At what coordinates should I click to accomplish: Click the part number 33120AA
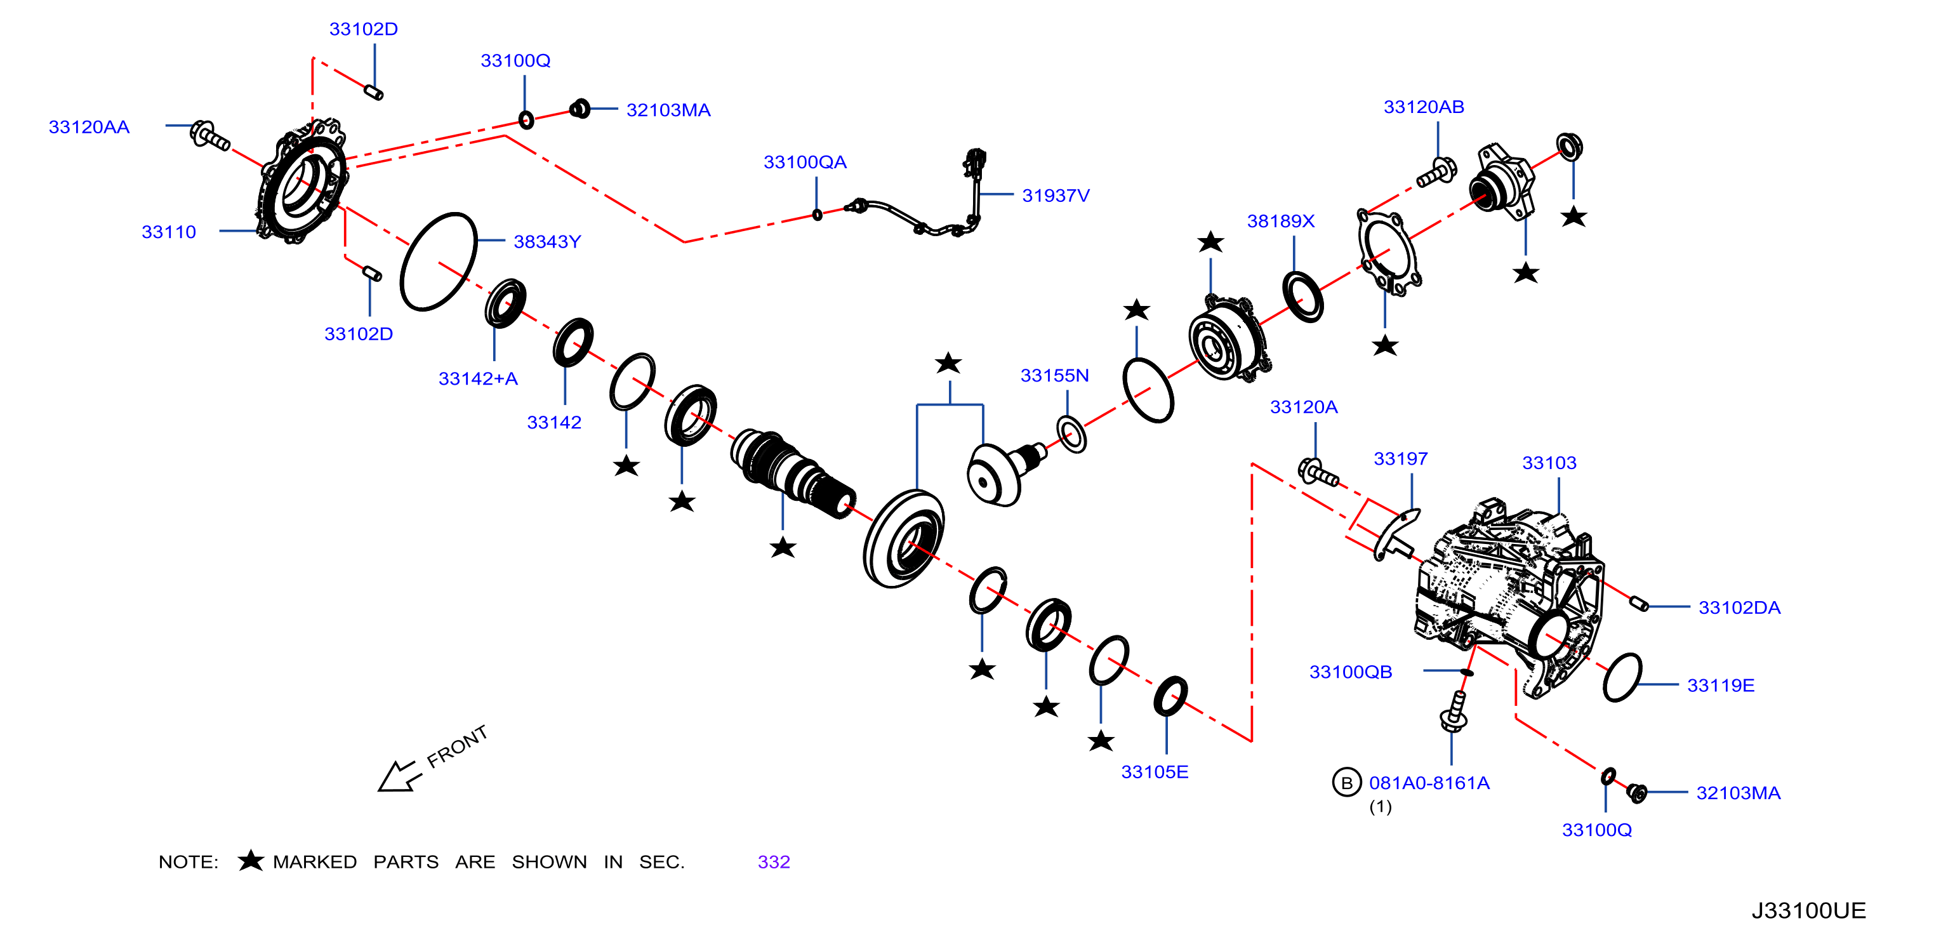[89, 126]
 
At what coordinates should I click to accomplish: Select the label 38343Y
[547, 241]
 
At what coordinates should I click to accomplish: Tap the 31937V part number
[1056, 195]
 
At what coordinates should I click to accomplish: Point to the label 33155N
[1054, 375]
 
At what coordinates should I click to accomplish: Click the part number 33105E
[1155, 772]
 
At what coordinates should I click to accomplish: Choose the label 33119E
[1720, 685]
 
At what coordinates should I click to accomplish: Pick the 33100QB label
[1350, 672]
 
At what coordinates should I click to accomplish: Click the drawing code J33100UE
[1808, 910]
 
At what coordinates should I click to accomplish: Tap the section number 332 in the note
[774, 861]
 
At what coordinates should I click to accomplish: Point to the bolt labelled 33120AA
[209, 136]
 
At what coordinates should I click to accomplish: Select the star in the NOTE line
[250, 860]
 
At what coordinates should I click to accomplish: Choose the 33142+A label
[478, 378]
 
